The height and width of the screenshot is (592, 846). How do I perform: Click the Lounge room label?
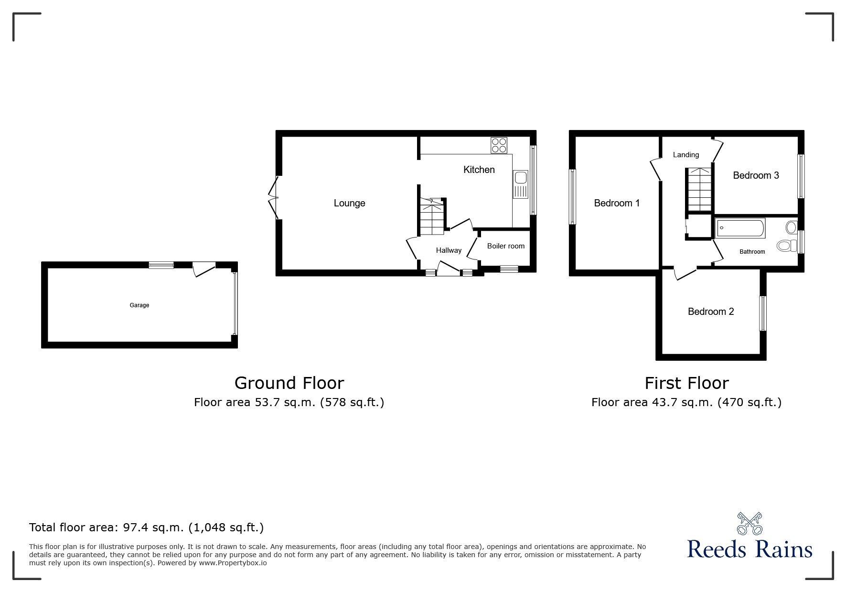click(349, 203)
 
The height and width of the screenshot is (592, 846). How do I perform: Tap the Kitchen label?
click(479, 170)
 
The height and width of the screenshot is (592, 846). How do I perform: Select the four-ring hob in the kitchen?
click(499, 145)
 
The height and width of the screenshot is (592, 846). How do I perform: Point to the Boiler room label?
click(505, 246)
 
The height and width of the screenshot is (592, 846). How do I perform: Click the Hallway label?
click(449, 250)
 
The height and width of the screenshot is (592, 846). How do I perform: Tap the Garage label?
click(139, 305)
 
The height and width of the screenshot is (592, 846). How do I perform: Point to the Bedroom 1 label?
click(616, 203)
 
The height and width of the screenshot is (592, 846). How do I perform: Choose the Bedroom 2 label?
click(710, 312)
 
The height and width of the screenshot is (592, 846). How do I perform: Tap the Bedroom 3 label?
click(756, 175)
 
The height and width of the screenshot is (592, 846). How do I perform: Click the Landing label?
click(685, 155)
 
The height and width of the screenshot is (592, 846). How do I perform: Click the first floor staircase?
click(699, 189)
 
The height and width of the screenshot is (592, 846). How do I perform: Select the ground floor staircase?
click(432, 217)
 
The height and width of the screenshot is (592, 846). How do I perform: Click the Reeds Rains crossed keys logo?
click(750, 524)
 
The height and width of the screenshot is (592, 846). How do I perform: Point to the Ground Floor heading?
click(289, 383)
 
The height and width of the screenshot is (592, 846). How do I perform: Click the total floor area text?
click(146, 527)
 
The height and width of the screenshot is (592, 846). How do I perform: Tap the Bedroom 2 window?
click(762, 313)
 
